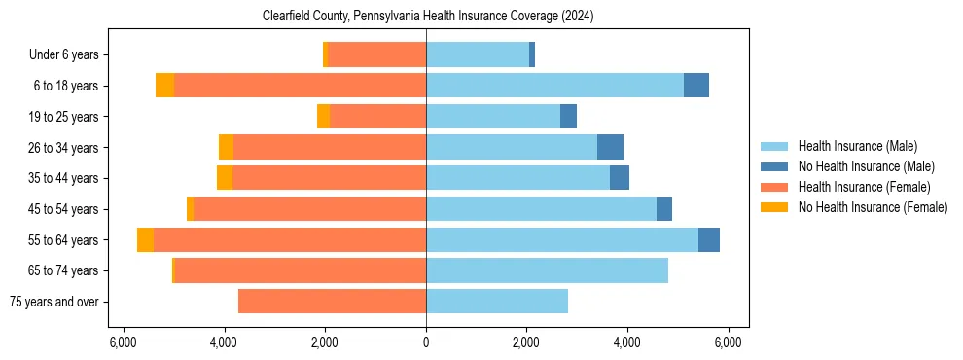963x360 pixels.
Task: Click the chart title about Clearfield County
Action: pos(428,16)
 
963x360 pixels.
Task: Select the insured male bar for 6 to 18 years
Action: pos(554,86)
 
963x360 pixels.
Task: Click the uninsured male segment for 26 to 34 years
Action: pos(610,147)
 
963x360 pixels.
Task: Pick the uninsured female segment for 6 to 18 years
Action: pos(164,86)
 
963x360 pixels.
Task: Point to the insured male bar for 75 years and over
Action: pos(497,302)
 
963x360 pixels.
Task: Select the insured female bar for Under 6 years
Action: pos(376,54)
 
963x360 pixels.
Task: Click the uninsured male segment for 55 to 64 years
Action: pos(709,240)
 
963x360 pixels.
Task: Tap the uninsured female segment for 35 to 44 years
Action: pos(225,178)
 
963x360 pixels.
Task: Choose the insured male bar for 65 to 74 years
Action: pos(547,270)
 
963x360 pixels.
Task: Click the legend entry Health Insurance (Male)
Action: pos(857,146)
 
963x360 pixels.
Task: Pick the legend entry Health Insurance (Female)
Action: pos(864,187)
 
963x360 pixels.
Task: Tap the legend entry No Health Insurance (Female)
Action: pos(873,207)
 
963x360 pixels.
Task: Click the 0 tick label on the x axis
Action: pos(426,342)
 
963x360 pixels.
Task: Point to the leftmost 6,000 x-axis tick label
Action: pos(124,342)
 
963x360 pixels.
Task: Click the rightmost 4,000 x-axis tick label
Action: pos(627,342)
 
